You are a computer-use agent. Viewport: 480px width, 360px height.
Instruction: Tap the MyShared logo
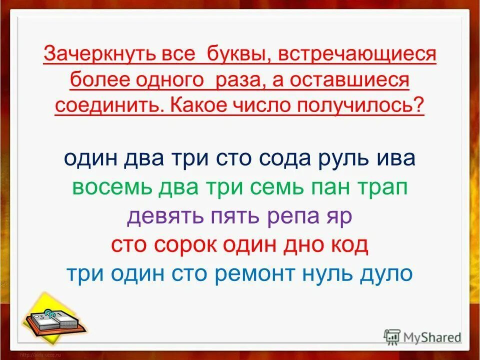point(422,336)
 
